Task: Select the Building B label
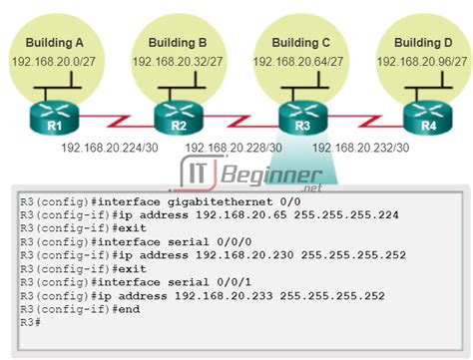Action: (x=178, y=43)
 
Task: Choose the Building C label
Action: (x=299, y=43)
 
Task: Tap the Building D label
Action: (x=423, y=43)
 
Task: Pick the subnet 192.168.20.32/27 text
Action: (x=178, y=62)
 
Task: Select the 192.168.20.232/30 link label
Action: (x=360, y=148)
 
